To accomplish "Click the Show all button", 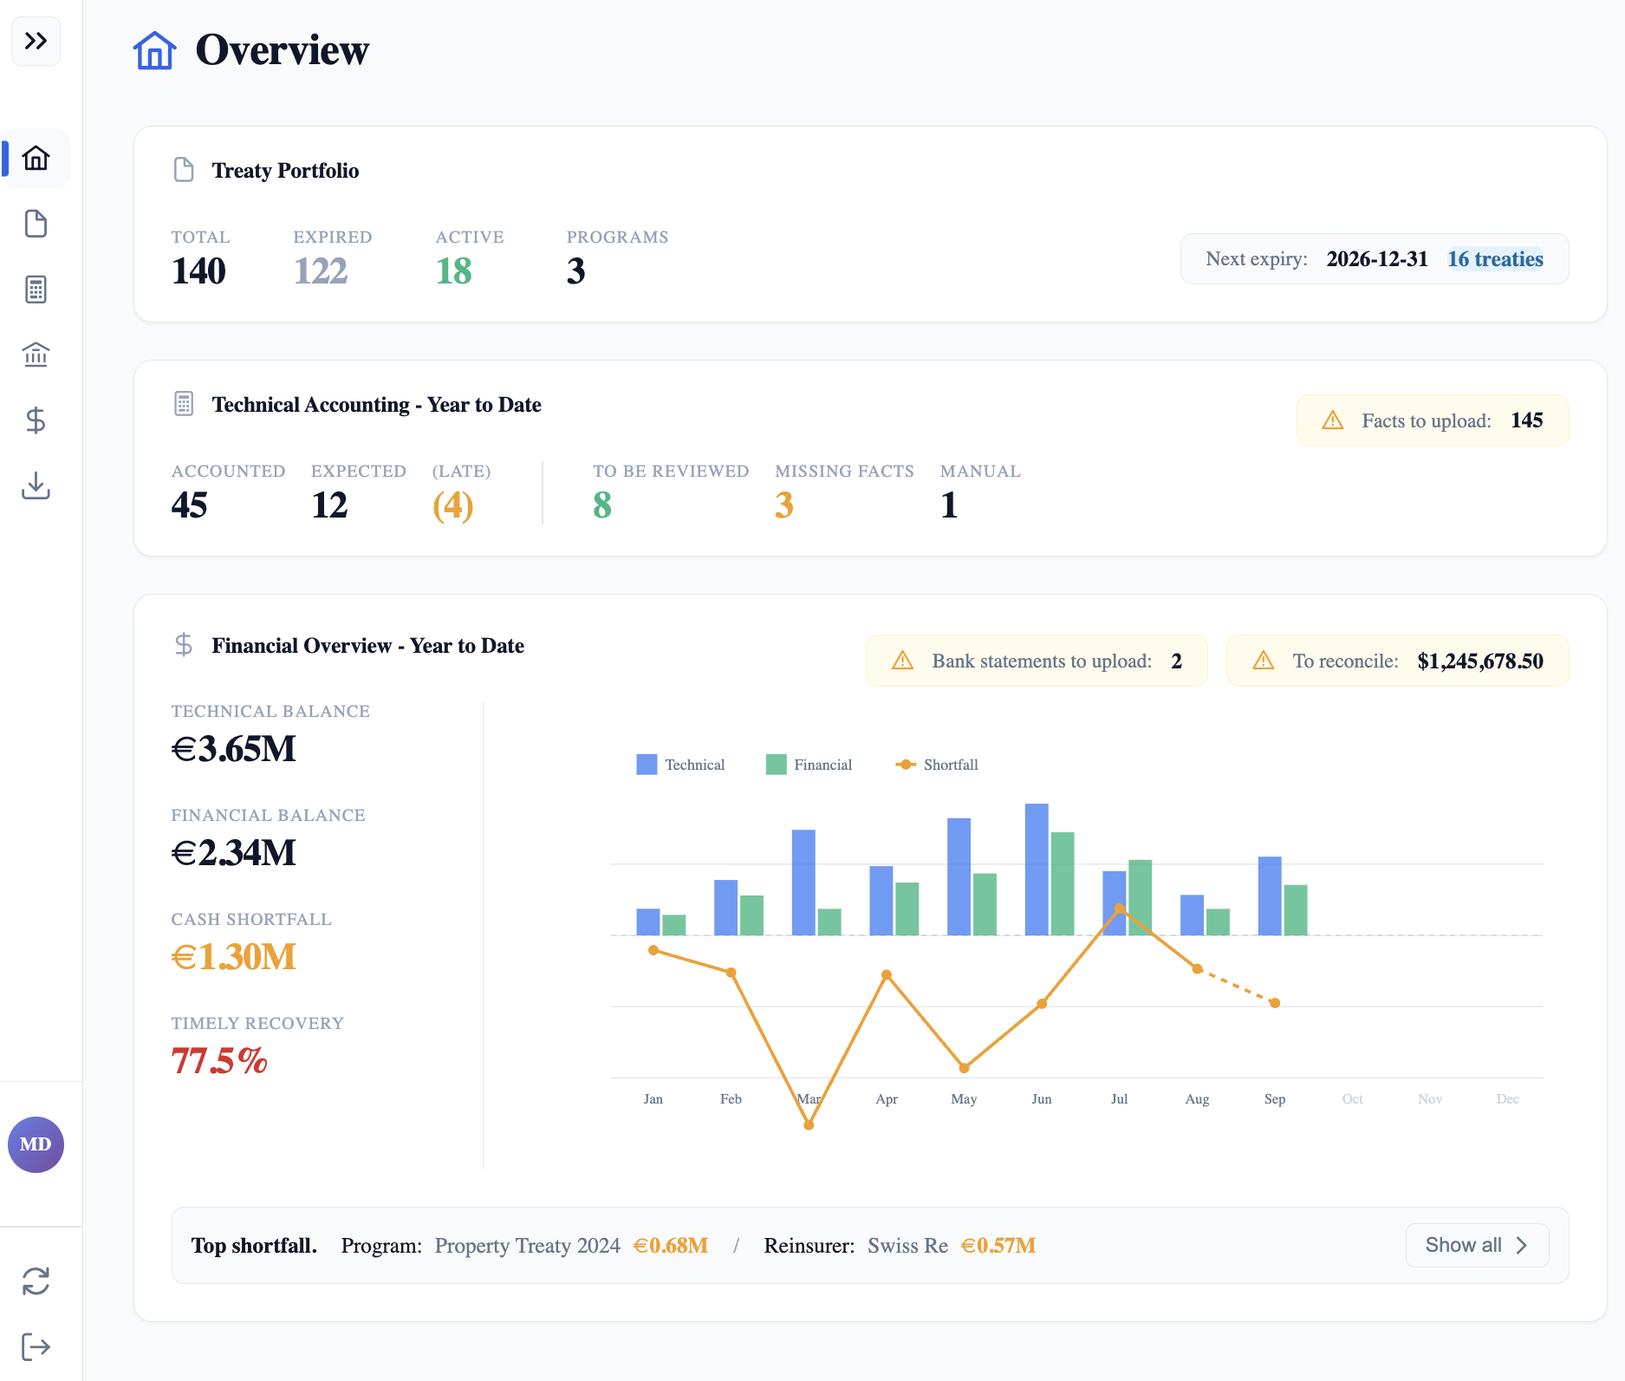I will coord(1476,1245).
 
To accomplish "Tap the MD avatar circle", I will coord(36,1144).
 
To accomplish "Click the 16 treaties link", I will coord(1495,259).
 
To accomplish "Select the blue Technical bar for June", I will coord(1036,869).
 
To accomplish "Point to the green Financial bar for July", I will coord(1140,897).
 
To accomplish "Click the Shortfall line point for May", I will coord(964,1068).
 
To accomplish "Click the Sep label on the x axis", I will coord(1274,1099).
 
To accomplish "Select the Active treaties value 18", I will coord(453,271).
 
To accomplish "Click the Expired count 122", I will coord(320,271).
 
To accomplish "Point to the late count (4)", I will coord(452,505).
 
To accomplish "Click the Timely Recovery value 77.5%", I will coord(218,1061).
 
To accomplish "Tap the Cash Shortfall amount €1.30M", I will coord(233,957).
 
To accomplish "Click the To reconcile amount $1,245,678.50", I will coord(1479,661).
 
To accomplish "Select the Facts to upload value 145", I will coord(1526,420).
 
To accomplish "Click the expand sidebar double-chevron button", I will coord(36,41).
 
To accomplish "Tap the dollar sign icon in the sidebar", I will coord(36,420).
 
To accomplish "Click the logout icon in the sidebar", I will coord(36,1346).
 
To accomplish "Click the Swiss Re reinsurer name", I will coord(907,1246).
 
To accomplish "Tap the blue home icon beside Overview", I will coord(154,50).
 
